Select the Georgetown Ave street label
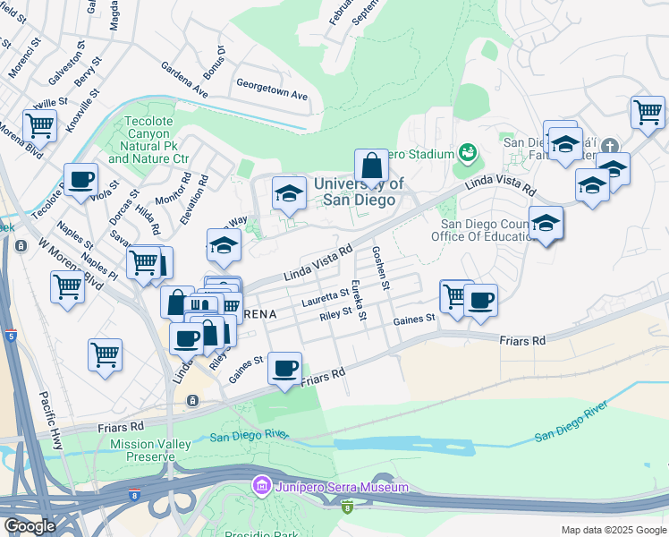tap(271, 94)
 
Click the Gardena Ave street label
tap(184, 80)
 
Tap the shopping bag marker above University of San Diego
tap(371, 166)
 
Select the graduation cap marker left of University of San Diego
tap(289, 193)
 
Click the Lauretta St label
tap(326, 294)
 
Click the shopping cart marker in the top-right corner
tap(648, 113)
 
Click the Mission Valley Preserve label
tap(143, 450)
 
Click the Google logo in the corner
tap(30, 525)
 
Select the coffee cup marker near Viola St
tap(81, 179)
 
